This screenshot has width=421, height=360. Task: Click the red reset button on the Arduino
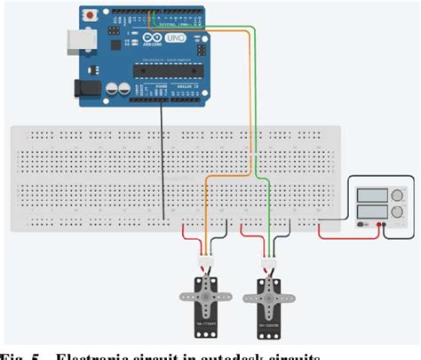(x=90, y=16)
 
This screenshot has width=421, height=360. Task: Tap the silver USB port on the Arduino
(x=76, y=42)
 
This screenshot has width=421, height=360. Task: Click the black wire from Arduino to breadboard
(x=163, y=160)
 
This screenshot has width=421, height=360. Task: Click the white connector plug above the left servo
(x=206, y=261)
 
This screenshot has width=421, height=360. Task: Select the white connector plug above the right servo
(x=267, y=263)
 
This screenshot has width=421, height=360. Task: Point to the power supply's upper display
(x=369, y=196)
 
